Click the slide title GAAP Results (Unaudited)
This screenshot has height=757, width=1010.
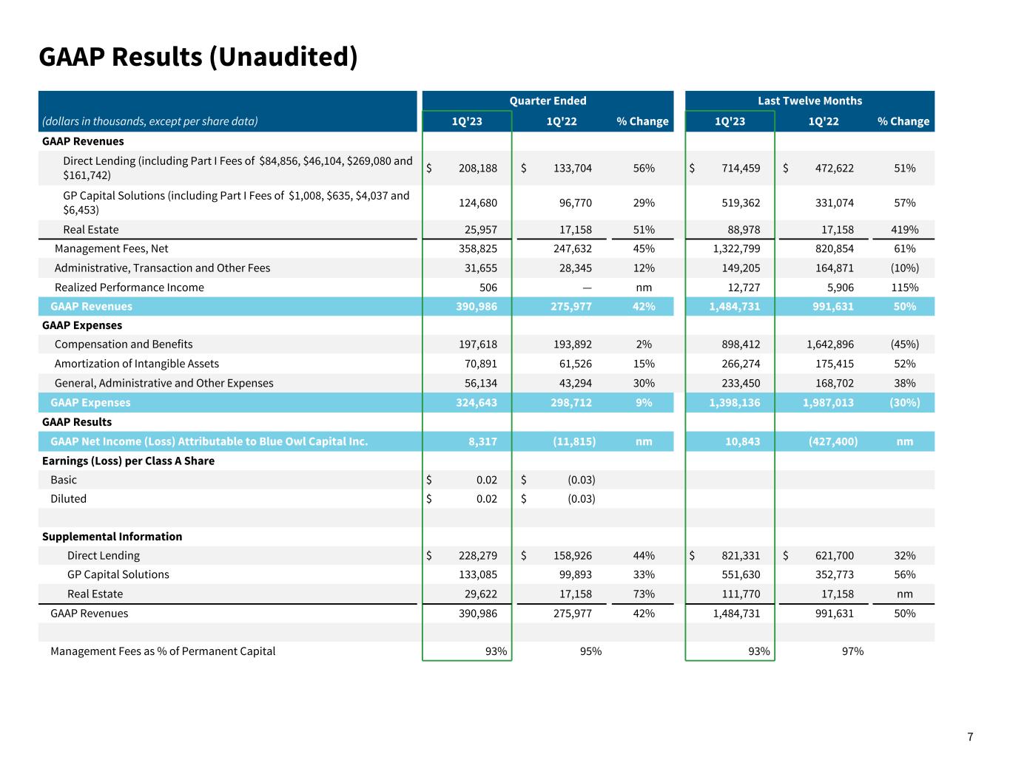coord(198,57)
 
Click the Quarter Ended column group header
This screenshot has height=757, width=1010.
coord(548,101)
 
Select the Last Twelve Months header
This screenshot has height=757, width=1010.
coord(809,101)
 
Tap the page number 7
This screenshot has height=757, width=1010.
coord(970,737)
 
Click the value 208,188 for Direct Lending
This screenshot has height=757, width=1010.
coord(478,168)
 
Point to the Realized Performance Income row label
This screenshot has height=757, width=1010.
coord(129,288)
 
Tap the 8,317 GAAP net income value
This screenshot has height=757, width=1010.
coord(482,441)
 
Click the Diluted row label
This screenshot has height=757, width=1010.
coord(68,499)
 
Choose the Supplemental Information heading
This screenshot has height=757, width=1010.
coord(112,537)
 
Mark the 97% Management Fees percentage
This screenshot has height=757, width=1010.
coord(852,651)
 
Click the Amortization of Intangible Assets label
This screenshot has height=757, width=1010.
coord(136,364)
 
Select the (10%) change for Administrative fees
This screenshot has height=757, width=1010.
coord(905,268)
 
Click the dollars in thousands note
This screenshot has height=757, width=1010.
coord(150,121)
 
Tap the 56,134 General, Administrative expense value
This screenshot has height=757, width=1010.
coord(478,383)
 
